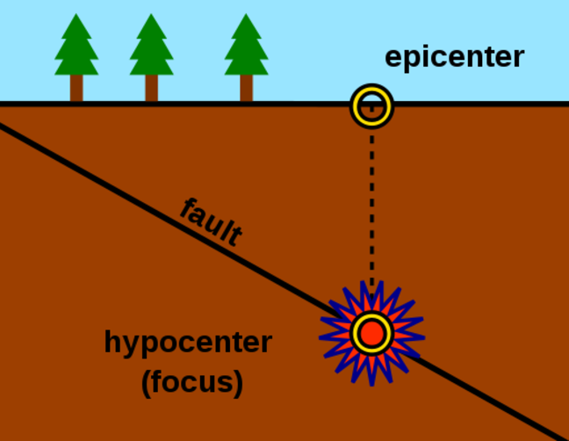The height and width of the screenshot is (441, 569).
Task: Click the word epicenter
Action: click(454, 58)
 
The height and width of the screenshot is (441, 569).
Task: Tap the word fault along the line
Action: click(211, 222)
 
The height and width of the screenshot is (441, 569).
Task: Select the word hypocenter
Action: click(188, 342)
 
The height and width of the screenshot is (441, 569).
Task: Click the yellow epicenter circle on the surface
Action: click(371, 106)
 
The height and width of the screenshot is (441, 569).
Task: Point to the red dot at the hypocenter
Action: click(371, 333)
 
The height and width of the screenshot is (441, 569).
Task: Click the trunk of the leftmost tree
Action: click(76, 89)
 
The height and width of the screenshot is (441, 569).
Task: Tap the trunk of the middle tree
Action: click(151, 89)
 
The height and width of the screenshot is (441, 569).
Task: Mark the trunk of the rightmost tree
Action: click(246, 89)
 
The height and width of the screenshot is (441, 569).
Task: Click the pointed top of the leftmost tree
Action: click(76, 16)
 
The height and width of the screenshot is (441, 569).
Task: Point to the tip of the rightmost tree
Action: click(246, 16)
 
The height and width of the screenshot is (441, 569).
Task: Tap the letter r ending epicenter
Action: click(518, 58)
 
